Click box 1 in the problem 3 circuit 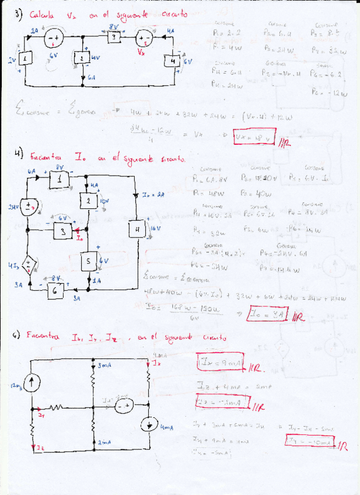pyautogui.click(x=26, y=60)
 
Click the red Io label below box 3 pyautogui.click(x=79, y=239)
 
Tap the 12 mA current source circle pyautogui.click(x=34, y=382)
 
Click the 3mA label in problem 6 pyautogui.click(x=104, y=366)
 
